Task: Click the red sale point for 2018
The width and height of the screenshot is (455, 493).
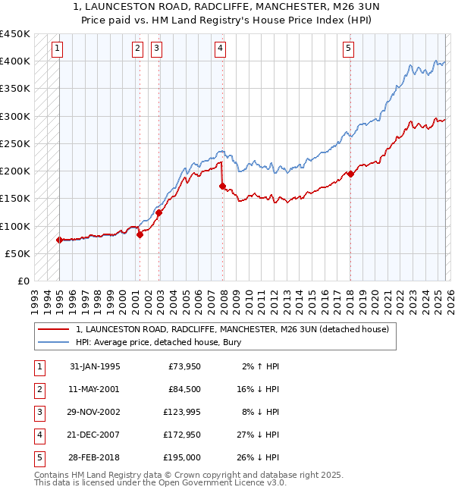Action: [350, 174]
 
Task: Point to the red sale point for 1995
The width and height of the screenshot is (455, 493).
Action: [59, 240]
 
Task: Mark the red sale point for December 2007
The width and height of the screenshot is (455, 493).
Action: [222, 185]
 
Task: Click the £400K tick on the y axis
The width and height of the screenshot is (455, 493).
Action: [15, 61]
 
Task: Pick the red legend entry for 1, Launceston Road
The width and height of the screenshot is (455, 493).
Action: [232, 329]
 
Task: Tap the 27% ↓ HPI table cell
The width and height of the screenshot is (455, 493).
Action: [261, 435]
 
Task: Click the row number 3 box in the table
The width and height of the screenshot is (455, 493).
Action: [39, 413]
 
